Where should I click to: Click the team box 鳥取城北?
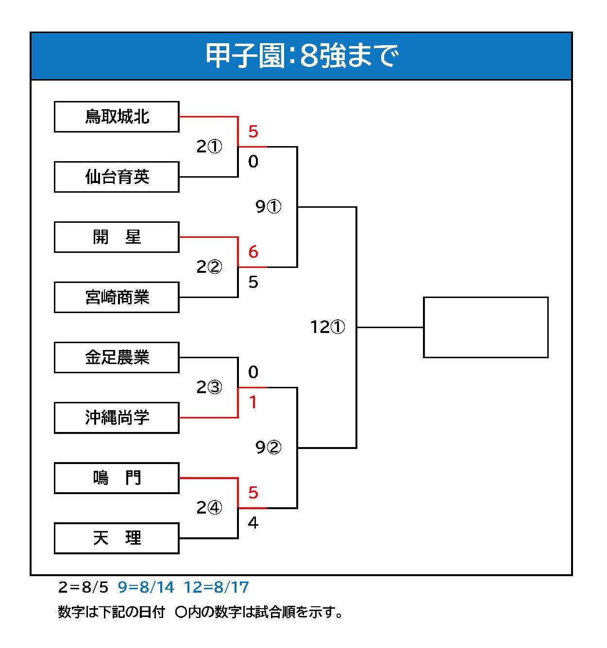pyautogui.click(x=117, y=117)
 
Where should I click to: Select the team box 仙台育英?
pyautogui.click(x=117, y=177)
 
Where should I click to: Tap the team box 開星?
pyautogui.click(x=117, y=237)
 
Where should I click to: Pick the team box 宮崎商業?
pyautogui.click(x=117, y=297)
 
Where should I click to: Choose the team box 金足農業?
pyautogui.click(x=117, y=357)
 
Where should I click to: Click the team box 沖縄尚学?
pyautogui.click(x=117, y=417)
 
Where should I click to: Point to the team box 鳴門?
pyautogui.click(x=117, y=478)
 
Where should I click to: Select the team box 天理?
pyautogui.click(x=117, y=538)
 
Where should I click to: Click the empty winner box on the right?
pyautogui.click(x=486, y=327)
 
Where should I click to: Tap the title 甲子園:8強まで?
pyautogui.click(x=302, y=56)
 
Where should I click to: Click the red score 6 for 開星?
pyautogui.click(x=253, y=252)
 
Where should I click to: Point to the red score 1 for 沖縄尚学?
pyautogui.click(x=253, y=402)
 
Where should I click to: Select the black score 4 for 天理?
pyautogui.click(x=253, y=523)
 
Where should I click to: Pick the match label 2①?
pyautogui.click(x=209, y=146)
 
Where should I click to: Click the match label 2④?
pyautogui.click(x=209, y=507)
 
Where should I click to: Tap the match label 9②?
pyautogui.click(x=268, y=448)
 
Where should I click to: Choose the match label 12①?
pyautogui.click(x=327, y=327)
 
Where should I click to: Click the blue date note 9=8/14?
pyautogui.click(x=146, y=587)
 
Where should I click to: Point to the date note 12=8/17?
pyautogui.click(x=217, y=587)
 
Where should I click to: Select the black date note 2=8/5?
pyautogui.click(x=83, y=587)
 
